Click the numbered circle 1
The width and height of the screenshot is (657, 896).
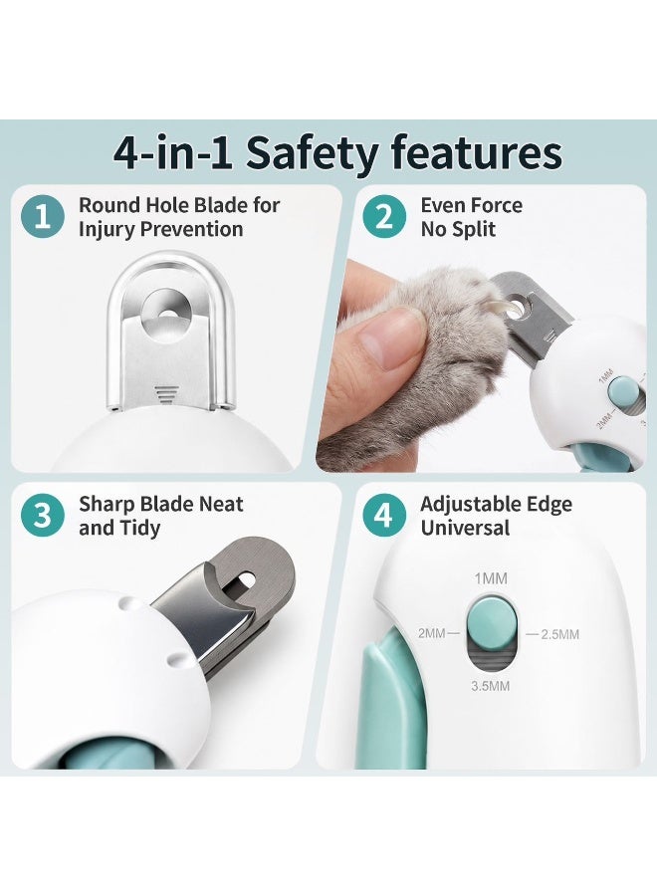click(42, 217)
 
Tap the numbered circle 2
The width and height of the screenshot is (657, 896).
click(384, 217)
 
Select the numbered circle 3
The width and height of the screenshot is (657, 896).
click(42, 516)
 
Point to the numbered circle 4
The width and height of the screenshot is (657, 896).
click(384, 516)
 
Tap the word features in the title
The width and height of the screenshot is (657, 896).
click(477, 152)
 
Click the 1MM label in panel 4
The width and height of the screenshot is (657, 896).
click(491, 578)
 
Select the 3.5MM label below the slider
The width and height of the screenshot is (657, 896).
click(490, 686)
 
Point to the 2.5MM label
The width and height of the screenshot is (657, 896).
click(559, 634)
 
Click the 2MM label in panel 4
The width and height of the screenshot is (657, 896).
click(432, 633)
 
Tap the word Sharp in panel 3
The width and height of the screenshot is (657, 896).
click(107, 505)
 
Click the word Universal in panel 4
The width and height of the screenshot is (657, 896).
click(465, 528)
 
